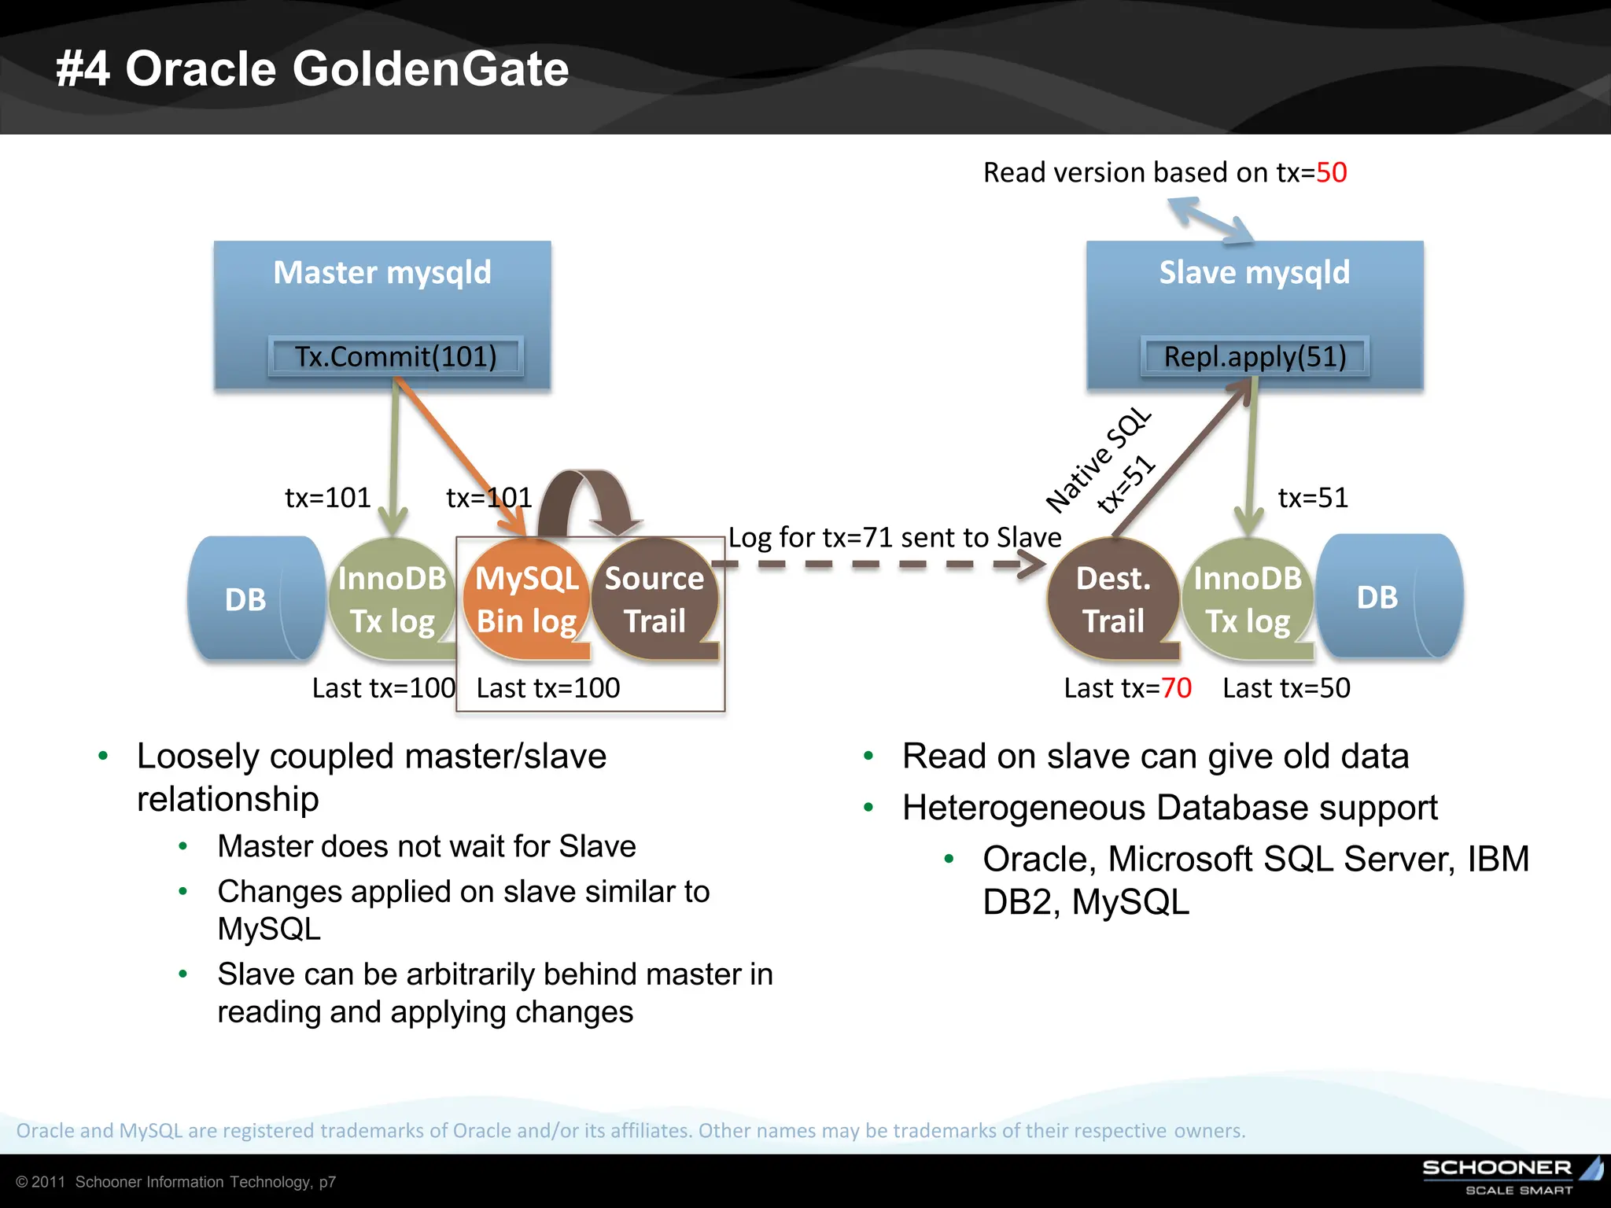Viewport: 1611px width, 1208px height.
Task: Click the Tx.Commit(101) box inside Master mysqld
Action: [396, 357]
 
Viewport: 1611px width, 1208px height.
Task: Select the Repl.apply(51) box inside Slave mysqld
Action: [1255, 357]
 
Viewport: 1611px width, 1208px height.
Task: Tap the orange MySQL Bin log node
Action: [526, 599]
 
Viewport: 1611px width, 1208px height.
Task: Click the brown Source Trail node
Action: [654, 599]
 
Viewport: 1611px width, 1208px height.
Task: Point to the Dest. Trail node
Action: [1112, 599]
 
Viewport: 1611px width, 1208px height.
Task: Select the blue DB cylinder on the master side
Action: [252, 599]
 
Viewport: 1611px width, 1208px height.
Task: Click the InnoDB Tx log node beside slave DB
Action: [1248, 599]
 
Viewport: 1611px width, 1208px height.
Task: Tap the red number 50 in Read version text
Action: [1331, 172]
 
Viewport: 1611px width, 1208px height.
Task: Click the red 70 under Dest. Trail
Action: [1176, 688]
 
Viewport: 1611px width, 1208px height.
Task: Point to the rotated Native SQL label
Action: [1098, 461]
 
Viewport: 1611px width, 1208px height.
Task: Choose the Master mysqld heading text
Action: [382, 272]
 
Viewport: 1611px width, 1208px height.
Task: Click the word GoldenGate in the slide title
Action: [430, 68]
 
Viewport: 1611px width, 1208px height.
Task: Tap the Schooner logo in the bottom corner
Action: [1510, 1176]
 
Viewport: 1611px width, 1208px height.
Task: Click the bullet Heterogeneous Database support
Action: [1169, 808]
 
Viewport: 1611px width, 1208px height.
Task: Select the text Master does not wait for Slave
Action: [426, 846]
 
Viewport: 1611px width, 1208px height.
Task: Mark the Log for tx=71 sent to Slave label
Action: [894, 537]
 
